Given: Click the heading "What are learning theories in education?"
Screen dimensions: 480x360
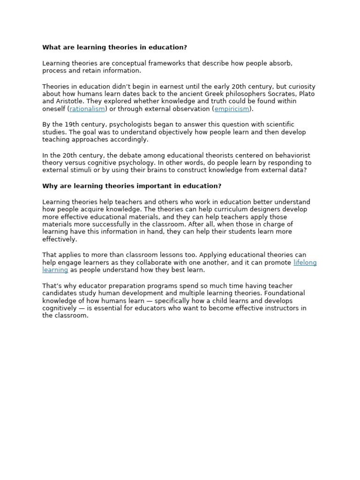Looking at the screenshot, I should [x=114, y=47].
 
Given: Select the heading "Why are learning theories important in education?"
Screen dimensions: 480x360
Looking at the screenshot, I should [x=132, y=186].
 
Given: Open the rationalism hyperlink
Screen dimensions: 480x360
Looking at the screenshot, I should [x=87, y=109].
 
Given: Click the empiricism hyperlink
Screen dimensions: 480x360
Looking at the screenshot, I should [x=232, y=109].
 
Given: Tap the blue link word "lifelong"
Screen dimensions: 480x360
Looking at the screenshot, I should [x=305, y=263].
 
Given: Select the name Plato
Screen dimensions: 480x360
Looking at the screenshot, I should [x=307, y=94].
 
